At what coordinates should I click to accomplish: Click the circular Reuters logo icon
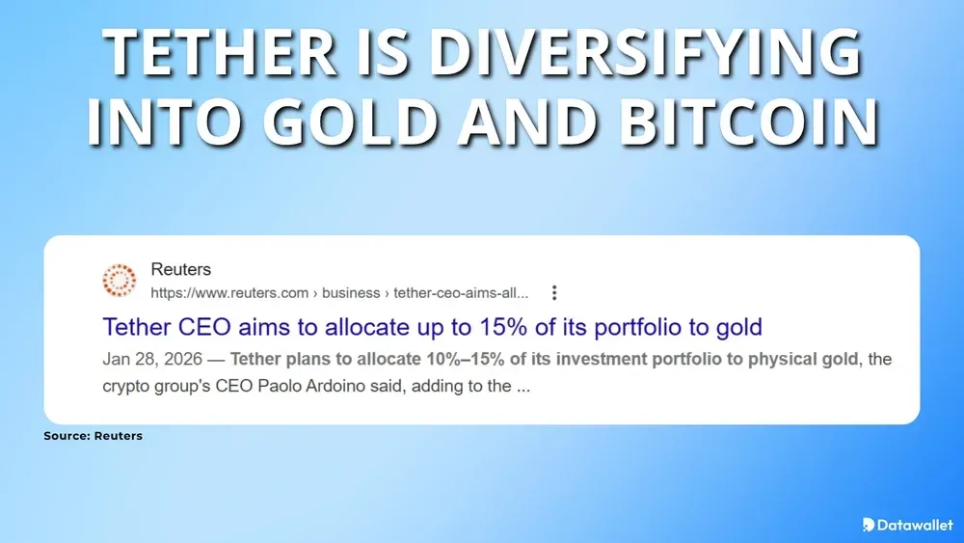click(x=120, y=281)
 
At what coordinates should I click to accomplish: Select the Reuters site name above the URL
click(x=180, y=269)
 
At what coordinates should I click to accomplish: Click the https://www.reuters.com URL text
click(x=229, y=293)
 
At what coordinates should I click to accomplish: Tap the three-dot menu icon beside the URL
click(x=554, y=293)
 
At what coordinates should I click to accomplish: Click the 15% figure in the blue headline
click(x=514, y=327)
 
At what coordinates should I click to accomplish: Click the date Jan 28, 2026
click(x=151, y=359)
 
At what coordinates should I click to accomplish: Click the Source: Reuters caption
click(x=93, y=436)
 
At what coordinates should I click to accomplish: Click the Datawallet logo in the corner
click(x=906, y=525)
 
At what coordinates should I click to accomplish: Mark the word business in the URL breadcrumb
click(x=354, y=293)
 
